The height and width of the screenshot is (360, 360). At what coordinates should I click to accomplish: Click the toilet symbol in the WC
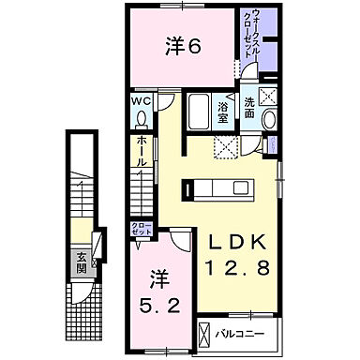[142, 118]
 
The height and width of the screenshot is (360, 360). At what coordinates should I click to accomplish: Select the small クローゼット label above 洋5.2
[138, 228]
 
